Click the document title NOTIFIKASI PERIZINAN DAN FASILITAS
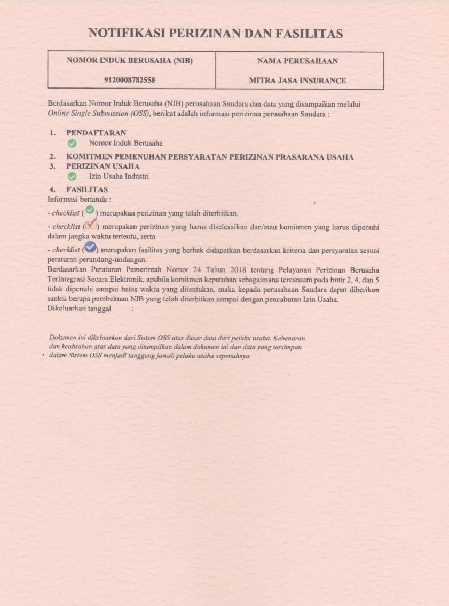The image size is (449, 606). [215, 34]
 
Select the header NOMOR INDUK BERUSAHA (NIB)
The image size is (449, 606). [129, 61]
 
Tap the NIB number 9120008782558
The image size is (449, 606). [129, 81]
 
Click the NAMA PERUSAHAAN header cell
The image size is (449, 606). [297, 61]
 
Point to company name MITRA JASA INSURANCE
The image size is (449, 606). [297, 81]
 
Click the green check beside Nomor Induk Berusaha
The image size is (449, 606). [72, 143]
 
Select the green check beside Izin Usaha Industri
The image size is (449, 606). [72, 177]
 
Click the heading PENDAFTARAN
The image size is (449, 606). [96, 133]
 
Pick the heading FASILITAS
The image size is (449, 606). [87, 189]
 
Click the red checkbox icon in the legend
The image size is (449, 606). [91, 225]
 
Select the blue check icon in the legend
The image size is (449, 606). [91, 247]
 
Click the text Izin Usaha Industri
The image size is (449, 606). [119, 177]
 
